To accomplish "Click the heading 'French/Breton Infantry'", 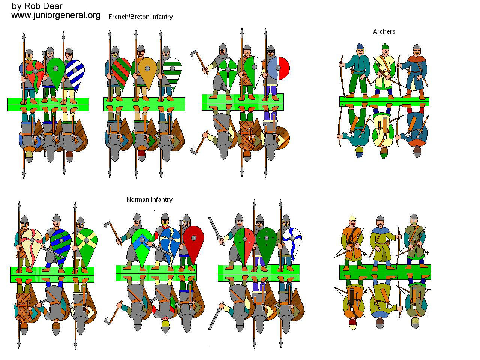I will [140, 16].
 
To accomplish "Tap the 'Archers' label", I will [384, 31].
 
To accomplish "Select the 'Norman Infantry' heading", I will [149, 199].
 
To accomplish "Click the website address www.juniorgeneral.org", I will [56, 15].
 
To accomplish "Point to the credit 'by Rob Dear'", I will [37, 6].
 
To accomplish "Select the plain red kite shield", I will [194, 242].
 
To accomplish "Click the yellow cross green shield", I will [87, 242].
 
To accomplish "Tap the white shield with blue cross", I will [292, 242].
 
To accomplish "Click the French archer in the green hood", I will [384, 71].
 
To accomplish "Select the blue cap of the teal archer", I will [360, 47].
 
